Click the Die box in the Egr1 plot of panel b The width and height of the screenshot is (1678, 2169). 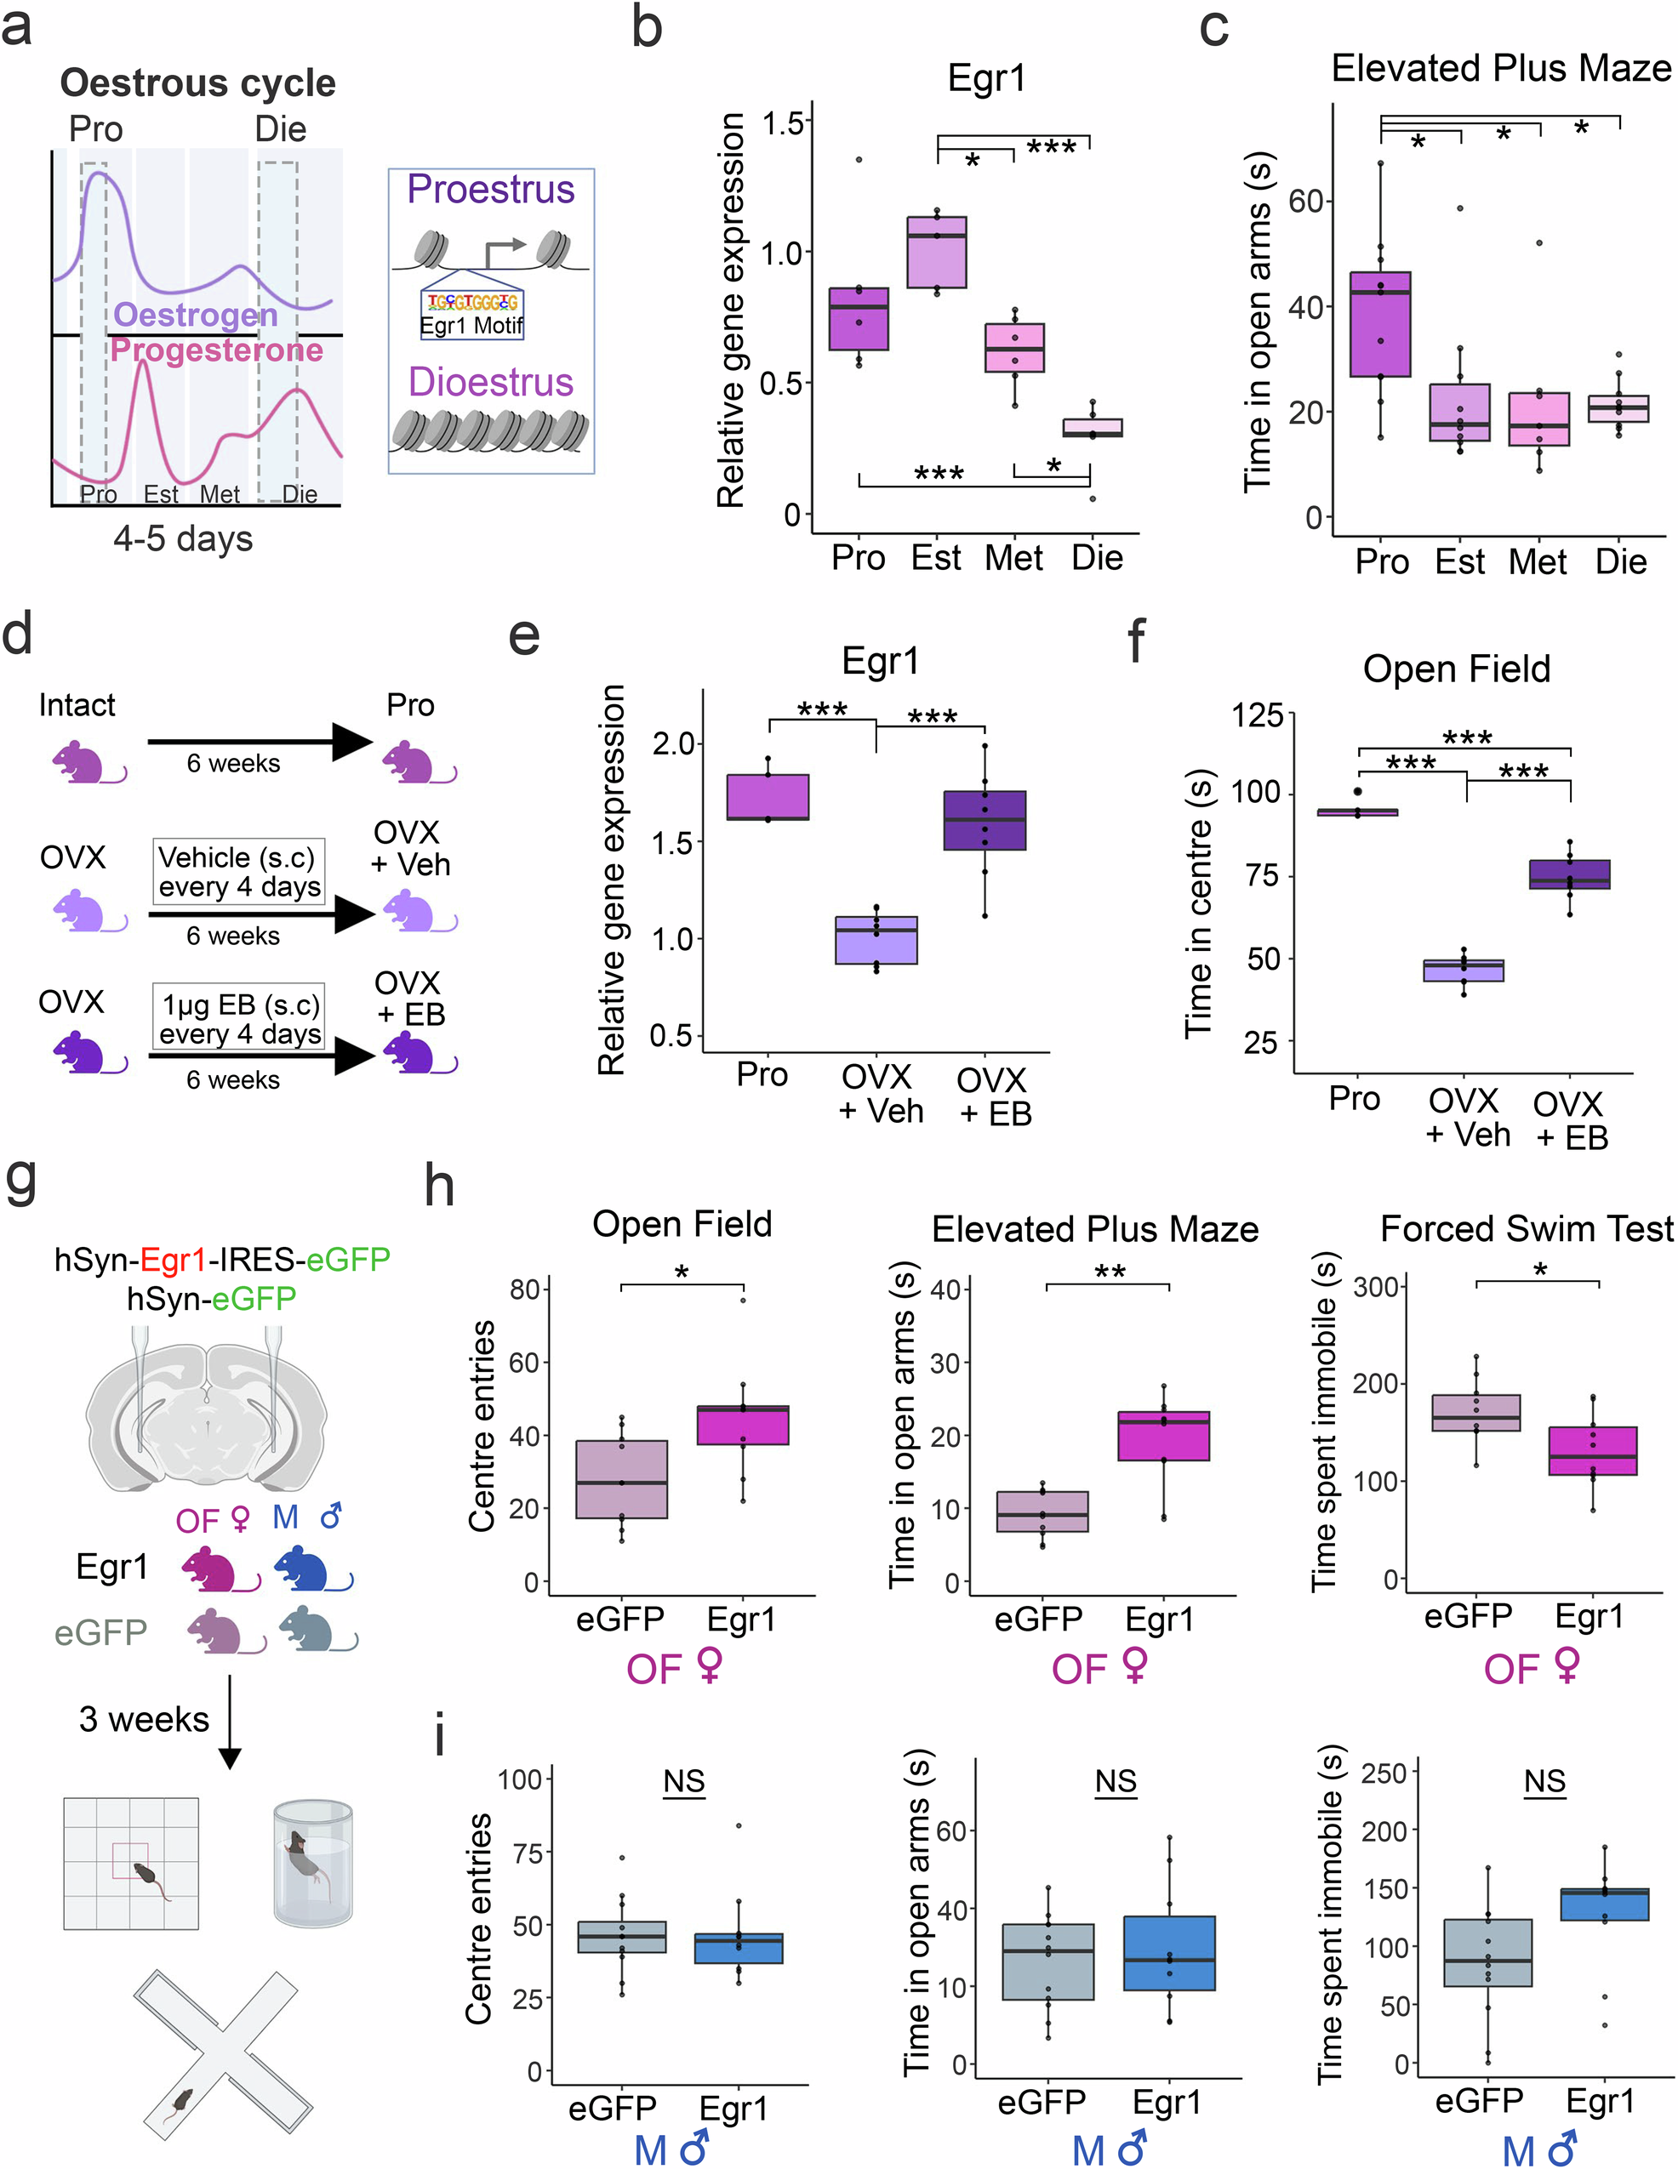point(1092,428)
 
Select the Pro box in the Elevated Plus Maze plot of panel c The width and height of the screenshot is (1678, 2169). point(1380,325)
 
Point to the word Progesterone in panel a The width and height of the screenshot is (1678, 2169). point(217,350)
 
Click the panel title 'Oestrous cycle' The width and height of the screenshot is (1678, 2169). point(197,83)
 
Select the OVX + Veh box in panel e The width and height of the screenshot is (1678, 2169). point(876,940)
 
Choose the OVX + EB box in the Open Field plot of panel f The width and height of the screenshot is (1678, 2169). point(1569,874)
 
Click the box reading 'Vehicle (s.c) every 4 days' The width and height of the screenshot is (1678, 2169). point(238,871)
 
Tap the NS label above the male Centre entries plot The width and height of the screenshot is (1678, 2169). point(683,1782)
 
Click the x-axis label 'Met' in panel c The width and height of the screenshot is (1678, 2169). point(1537,562)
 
